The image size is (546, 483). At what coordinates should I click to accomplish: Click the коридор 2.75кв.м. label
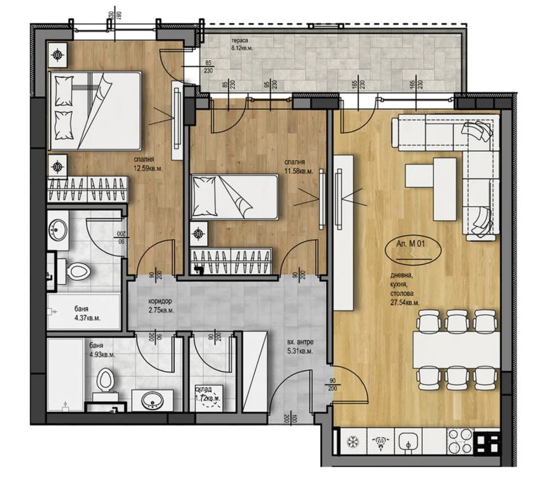(x=158, y=306)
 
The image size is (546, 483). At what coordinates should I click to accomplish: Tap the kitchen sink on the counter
(x=408, y=442)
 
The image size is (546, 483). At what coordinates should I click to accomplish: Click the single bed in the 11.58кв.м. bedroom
(x=234, y=197)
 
